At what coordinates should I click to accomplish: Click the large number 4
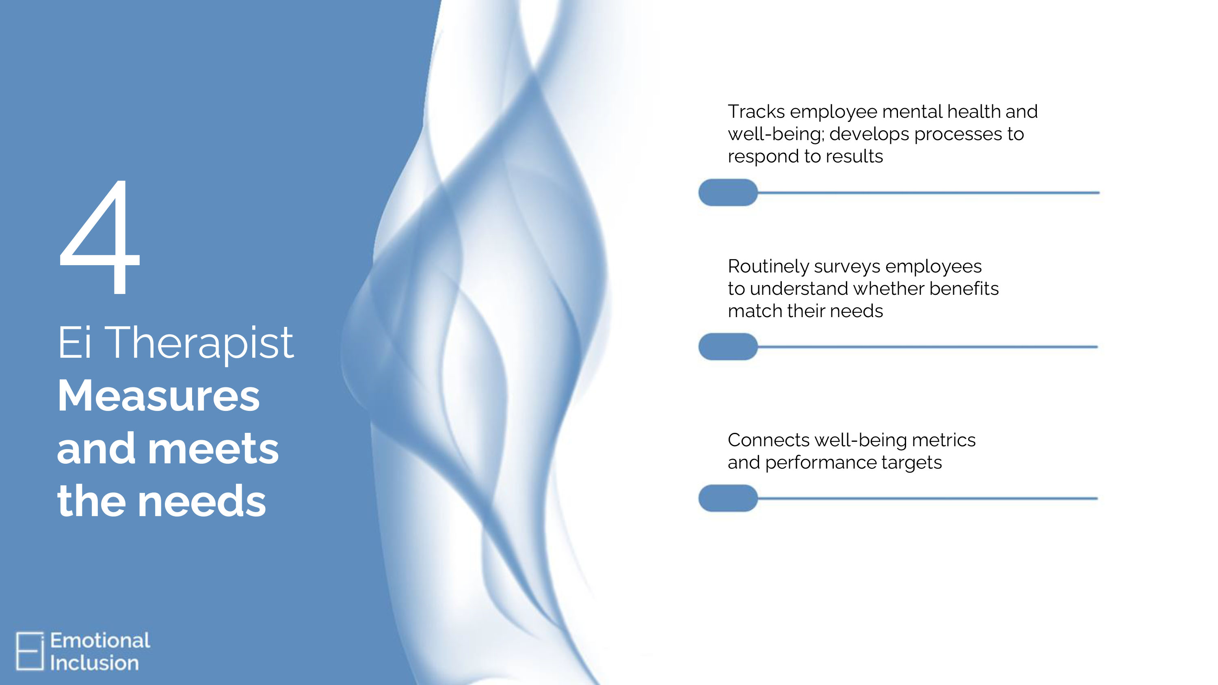100,236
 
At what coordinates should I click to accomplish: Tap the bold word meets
213,449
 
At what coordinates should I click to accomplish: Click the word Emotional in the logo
100,641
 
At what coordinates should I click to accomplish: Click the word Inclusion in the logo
95,663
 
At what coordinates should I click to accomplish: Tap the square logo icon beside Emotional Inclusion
30,651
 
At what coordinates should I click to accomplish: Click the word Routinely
769,267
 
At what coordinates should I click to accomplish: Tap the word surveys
848,268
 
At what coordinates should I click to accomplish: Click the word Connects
769,440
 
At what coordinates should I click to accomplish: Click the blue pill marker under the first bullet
728,192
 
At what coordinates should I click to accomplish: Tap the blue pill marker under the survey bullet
728,346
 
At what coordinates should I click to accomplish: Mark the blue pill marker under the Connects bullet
728,498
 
